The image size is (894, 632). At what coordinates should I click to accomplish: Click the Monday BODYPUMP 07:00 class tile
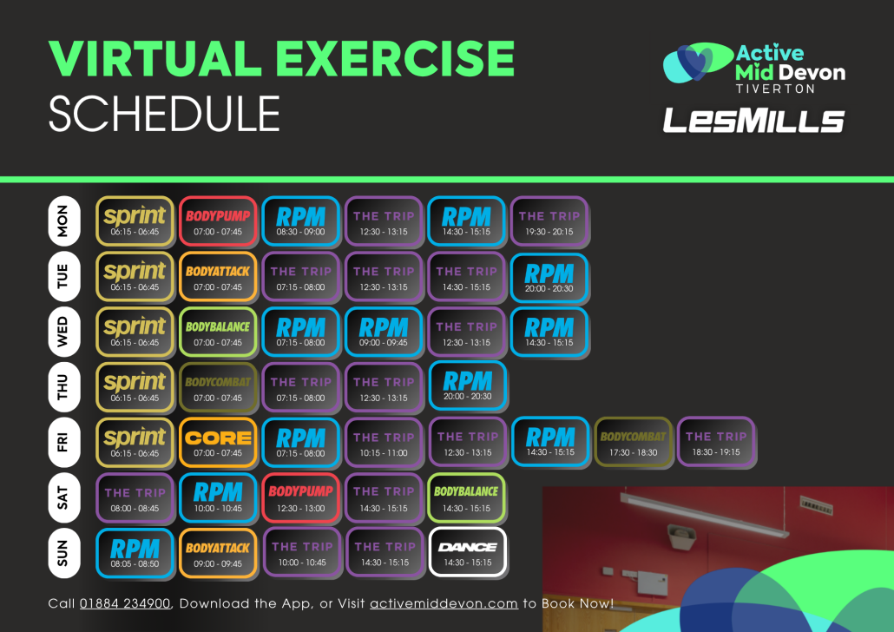click(218, 221)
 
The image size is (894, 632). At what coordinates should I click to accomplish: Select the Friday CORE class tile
click(218, 443)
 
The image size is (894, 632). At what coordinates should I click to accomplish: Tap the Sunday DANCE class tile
click(468, 553)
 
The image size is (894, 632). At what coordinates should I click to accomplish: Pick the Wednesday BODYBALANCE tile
click(218, 332)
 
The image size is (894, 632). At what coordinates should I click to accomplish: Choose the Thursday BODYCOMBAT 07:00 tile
click(218, 387)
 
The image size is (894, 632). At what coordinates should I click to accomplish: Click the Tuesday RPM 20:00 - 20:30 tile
click(549, 277)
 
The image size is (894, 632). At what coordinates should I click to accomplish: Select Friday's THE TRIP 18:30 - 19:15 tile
click(716, 442)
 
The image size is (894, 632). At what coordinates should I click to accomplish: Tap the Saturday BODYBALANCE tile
click(466, 497)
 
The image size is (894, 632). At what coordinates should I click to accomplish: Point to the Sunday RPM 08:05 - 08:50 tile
click(135, 553)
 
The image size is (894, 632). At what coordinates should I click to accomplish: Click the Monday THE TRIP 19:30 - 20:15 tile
click(549, 221)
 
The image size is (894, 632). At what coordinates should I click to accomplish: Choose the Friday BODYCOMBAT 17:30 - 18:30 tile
click(633, 442)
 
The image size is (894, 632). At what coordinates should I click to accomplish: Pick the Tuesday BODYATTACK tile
click(218, 277)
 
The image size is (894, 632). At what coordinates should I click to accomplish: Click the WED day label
click(63, 332)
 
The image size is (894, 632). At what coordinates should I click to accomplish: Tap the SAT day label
click(63, 498)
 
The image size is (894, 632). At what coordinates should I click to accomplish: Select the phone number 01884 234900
click(125, 603)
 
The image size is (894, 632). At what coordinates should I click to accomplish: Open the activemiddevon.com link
click(444, 603)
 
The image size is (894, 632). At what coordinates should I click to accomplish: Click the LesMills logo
click(753, 121)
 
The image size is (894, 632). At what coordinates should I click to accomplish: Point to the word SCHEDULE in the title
click(164, 114)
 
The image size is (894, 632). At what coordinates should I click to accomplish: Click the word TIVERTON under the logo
click(775, 89)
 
